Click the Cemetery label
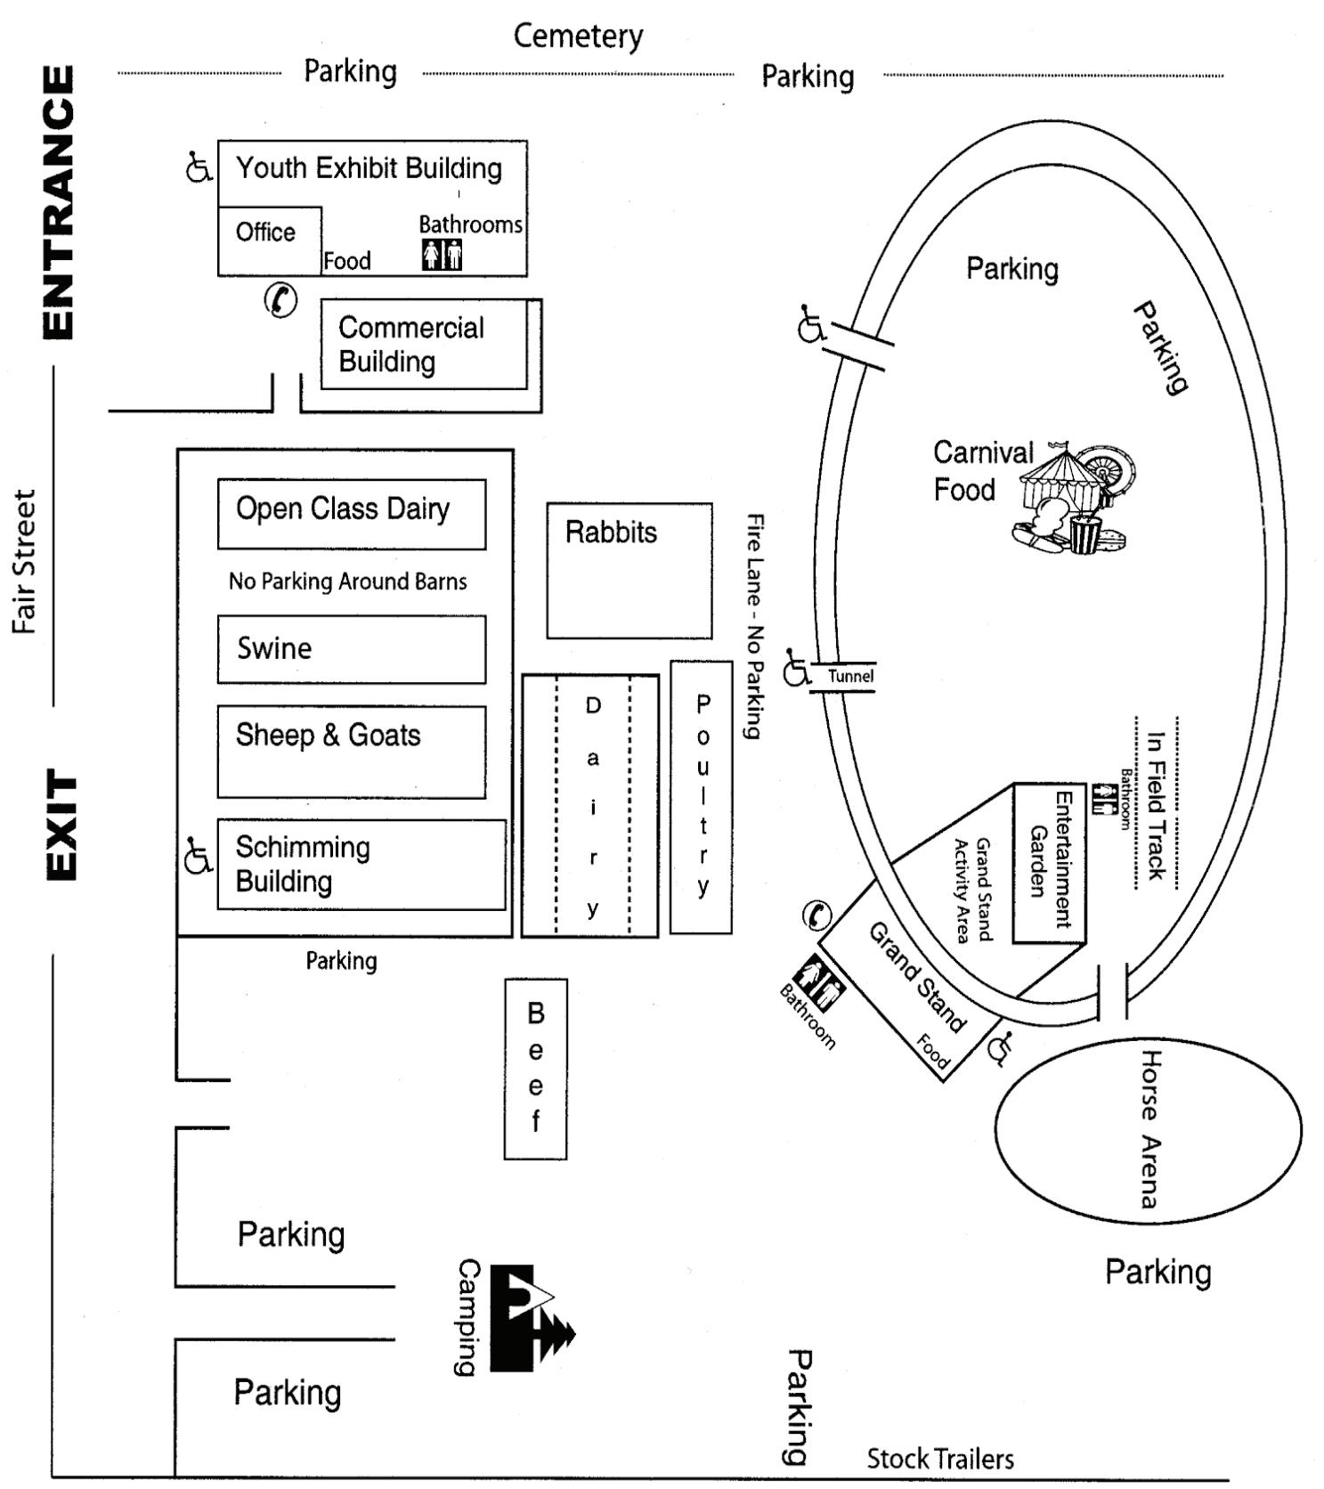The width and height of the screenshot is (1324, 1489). pos(578,36)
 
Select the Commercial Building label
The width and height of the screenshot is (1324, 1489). pos(410,345)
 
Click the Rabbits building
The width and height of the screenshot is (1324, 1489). pos(629,570)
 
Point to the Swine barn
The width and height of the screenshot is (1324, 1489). pos(351,648)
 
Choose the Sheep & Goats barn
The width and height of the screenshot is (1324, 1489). pos(351,751)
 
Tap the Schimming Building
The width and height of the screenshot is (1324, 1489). pos(361,864)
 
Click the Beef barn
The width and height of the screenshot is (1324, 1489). pos(535,1068)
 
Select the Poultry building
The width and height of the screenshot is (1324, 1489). pos(702,796)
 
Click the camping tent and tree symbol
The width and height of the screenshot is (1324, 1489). pos(531,1317)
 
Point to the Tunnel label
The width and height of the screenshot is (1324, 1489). pos(850,676)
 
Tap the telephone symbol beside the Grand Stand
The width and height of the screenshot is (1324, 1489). pos(816,915)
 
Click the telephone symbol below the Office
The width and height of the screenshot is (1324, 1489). pos(280,300)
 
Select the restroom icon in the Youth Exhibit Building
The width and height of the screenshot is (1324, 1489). pos(442,255)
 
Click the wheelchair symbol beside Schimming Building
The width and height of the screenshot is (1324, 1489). pos(198,856)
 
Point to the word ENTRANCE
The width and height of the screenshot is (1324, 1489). pos(59,202)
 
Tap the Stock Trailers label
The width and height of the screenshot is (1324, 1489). pos(940,1459)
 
